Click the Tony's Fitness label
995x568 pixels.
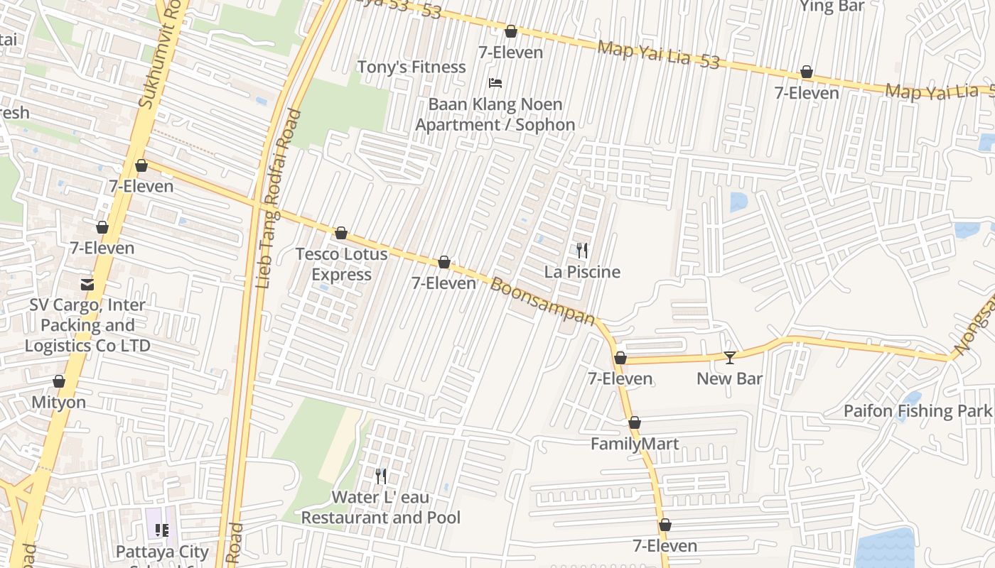tap(411, 67)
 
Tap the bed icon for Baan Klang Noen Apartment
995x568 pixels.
tap(495, 83)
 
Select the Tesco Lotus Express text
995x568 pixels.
tap(341, 264)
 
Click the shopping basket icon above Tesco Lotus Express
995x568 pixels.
tap(341, 233)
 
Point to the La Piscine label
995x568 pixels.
tap(582, 272)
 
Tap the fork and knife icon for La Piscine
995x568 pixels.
tap(582, 251)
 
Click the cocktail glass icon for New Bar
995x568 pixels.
tap(729, 357)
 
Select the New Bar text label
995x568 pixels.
tap(729, 378)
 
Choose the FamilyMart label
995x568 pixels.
tap(635, 444)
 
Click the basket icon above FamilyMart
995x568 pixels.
tap(635, 422)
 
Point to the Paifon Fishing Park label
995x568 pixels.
tap(917, 410)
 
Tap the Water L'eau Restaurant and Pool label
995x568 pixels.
tap(381, 508)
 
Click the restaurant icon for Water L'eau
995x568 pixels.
tap(381, 476)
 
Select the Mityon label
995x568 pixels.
tap(58, 403)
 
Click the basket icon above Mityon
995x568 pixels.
tap(59, 382)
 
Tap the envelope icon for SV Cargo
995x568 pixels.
tap(87, 285)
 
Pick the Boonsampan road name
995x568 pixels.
tap(542, 302)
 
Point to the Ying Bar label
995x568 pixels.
tap(832, 6)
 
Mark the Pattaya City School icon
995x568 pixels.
tap(162, 530)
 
